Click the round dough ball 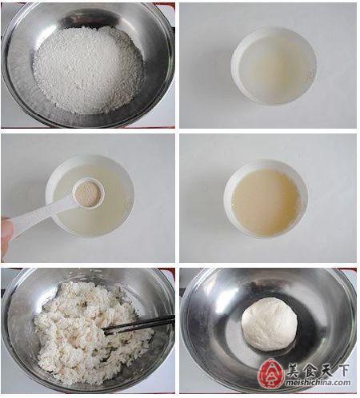[x=270, y=324]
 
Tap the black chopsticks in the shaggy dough [x=138, y=324]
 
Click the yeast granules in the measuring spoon [x=87, y=194]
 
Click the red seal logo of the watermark [x=271, y=374]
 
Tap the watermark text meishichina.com [x=318, y=383]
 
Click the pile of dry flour [x=87, y=70]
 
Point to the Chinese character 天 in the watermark [x=326, y=370]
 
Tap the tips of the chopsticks [x=106, y=332]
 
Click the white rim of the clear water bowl [x=274, y=29]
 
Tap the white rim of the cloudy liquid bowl [x=266, y=161]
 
